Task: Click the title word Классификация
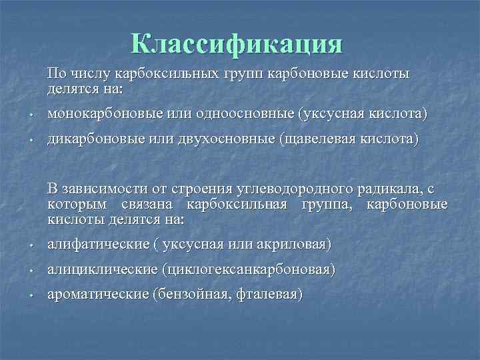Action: pos(237,43)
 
